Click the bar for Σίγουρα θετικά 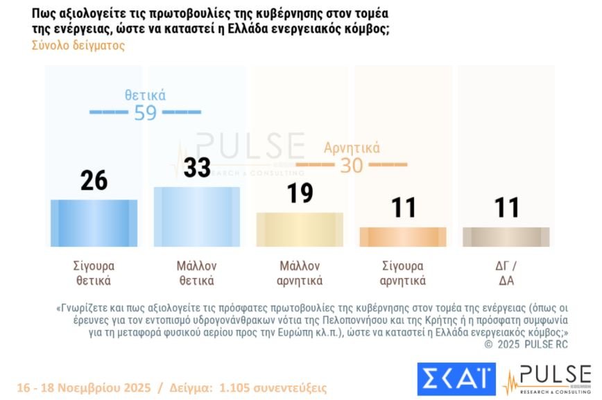[94, 223]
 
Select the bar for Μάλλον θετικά [197, 216]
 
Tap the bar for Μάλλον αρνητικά [300, 229]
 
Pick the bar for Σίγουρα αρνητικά [402, 236]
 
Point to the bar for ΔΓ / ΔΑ [506, 236]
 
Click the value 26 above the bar [94, 180]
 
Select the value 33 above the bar [197, 168]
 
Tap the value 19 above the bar [300, 193]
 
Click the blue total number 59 [146, 112]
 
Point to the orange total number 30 [352, 166]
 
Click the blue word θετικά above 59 [146, 96]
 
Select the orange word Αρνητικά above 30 [352, 148]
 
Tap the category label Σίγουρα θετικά [94, 273]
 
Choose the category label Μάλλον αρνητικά [300, 273]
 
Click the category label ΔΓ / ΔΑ [506, 273]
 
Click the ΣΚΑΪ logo [456, 378]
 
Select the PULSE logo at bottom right [547, 379]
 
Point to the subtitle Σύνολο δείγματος [78, 46]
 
